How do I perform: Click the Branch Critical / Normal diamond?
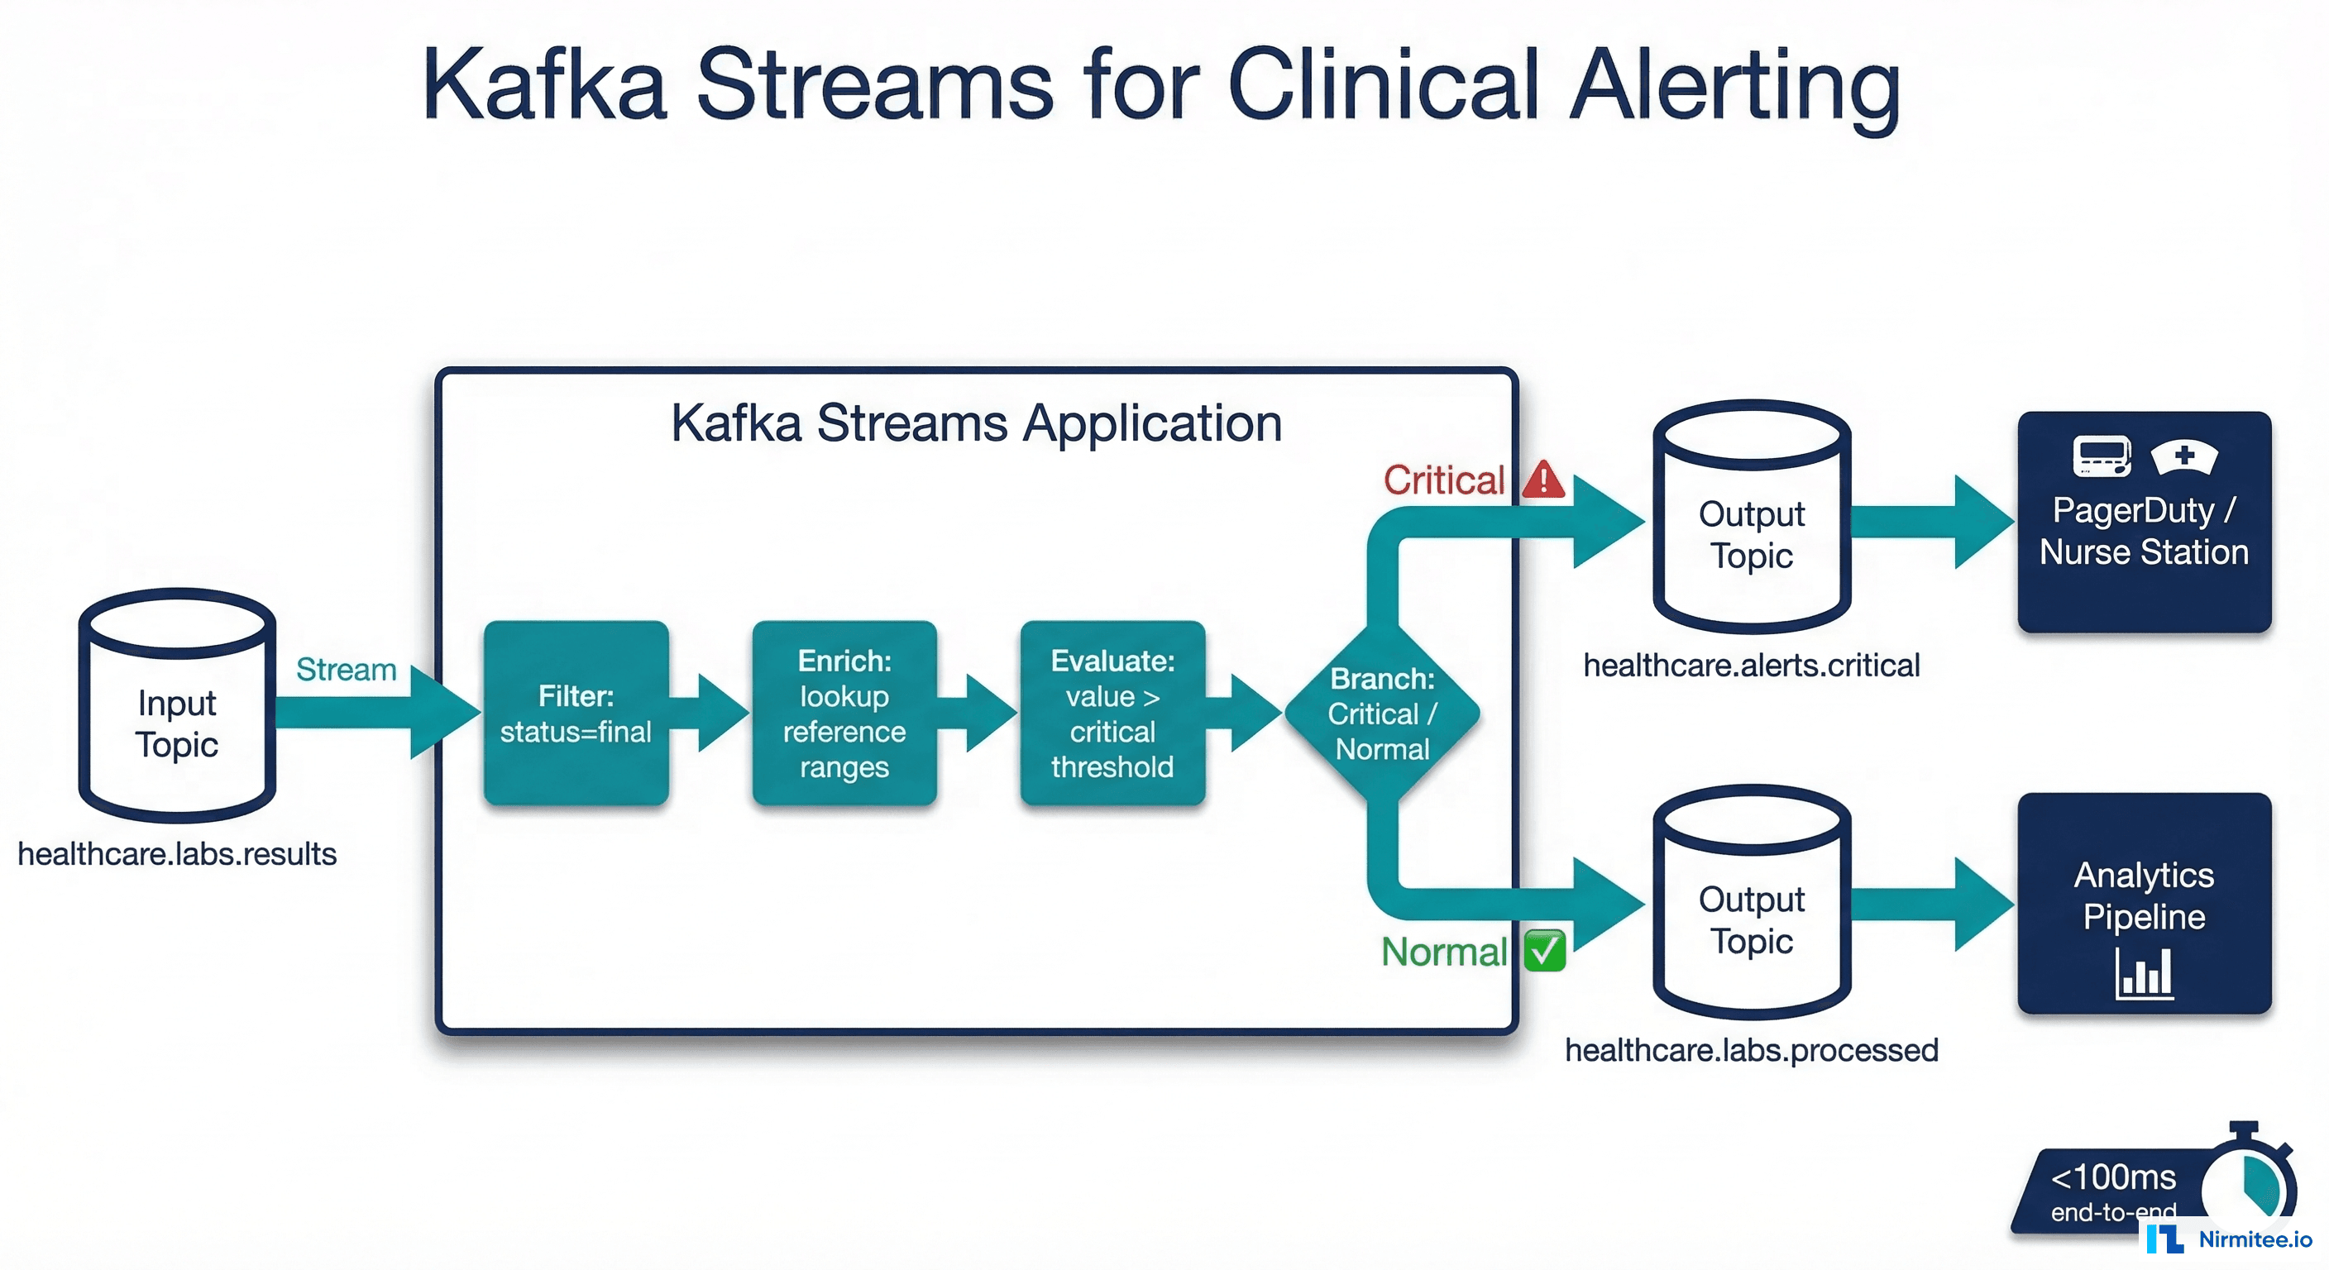tap(1381, 714)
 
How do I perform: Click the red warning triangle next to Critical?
tap(1543, 480)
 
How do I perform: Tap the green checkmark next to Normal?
tap(1544, 951)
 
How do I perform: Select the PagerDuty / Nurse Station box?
tap(2144, 523)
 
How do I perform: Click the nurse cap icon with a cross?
tap(2183, 456)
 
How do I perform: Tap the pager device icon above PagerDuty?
tap(2102, 456)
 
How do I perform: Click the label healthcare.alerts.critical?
tap(1751, 666)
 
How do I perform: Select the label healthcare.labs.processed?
tap(1751, 1050)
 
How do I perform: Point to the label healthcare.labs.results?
tap(177, 854)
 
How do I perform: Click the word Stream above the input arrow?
tap(347, 670)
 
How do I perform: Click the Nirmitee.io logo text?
tap(2255, 1239)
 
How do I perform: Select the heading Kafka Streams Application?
tap(977, 423)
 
